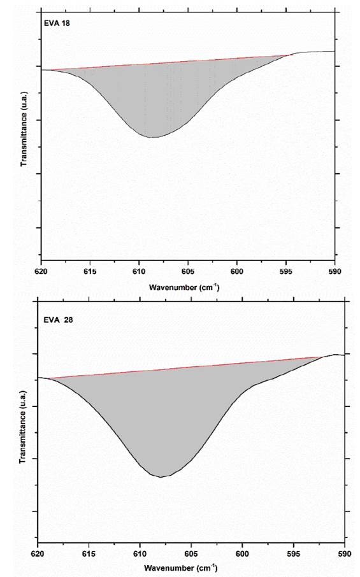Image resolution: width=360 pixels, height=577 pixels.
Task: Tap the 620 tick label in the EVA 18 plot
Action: point(41,271)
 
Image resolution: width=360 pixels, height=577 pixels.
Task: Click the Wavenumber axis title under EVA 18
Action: point(184,287)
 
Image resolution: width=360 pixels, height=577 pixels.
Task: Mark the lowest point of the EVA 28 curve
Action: point(161,476)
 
